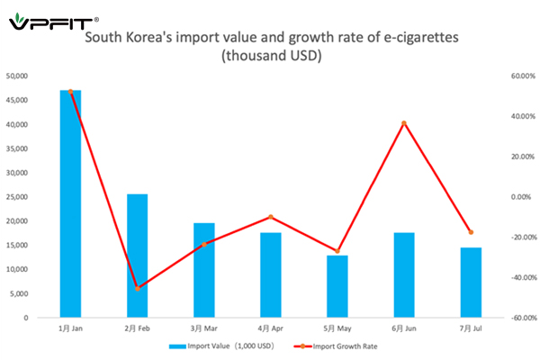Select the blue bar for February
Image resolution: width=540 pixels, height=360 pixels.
(137, 256)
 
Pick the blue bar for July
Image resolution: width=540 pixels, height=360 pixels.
(471, 283)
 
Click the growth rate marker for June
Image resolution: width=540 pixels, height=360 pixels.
(404, 123)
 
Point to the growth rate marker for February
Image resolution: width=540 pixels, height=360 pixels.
(138, 288)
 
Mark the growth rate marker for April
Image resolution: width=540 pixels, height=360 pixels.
(270, 217)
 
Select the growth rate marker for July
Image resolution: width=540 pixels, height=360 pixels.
(471, 232)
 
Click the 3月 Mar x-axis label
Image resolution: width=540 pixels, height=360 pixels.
(203, 328)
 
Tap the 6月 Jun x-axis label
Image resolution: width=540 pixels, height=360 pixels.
(404, 328)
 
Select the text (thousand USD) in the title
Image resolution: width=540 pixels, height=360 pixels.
(271, 57)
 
